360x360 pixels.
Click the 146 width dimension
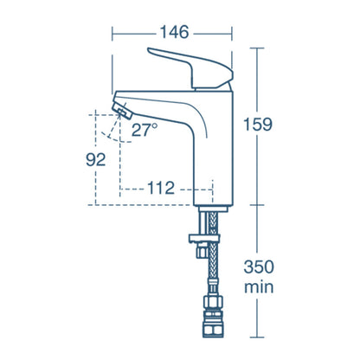click(172, 35)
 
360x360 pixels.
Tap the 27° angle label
click(145, 131)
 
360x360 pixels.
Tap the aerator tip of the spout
click(124, 109)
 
